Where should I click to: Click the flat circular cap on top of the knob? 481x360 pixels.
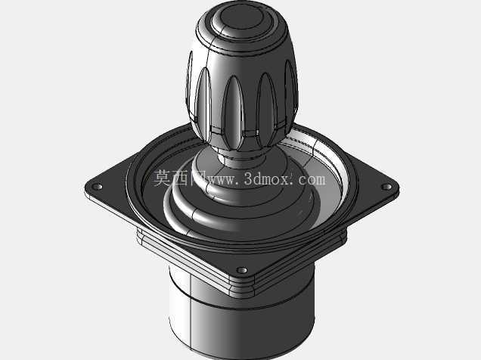241,18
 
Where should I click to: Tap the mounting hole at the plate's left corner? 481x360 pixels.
98,186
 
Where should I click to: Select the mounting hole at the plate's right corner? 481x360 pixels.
386,187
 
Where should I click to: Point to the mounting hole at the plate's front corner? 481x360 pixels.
242,270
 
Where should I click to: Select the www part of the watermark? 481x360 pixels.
222,180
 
